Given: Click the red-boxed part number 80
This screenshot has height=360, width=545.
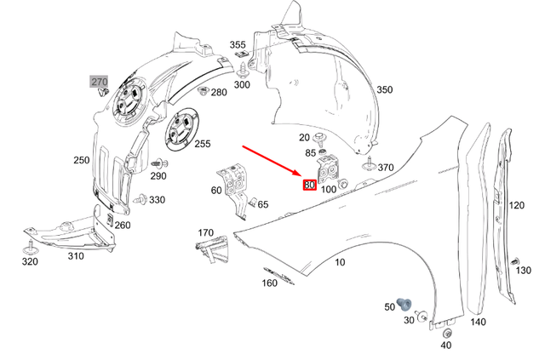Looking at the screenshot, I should click(x=309, y=184).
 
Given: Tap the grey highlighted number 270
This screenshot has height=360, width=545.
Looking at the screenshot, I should click(x=100, y=82).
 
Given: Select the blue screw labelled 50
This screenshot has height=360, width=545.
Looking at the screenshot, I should click(x=405, y=303).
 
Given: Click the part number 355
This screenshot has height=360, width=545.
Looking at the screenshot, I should click(x=238, y=45).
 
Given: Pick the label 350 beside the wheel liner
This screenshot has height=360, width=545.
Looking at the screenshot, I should click(x=385, y=90).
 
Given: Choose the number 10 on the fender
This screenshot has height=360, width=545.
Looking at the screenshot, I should click(x=340, y=262).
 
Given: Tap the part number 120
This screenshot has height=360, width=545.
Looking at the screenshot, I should click(x=517, y=206).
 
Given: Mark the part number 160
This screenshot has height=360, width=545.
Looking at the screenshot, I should click(x=270, y=283).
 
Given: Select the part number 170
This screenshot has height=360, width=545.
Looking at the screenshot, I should click(x=206, y=232).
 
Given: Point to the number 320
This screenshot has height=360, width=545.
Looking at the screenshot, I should click(x=30, y=261).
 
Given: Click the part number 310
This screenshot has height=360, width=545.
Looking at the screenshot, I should click(x=76, y=255).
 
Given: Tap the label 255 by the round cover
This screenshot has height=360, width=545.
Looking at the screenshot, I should click(x=202, y=144).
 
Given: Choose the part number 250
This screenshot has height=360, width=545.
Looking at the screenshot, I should click(x=81, y=160).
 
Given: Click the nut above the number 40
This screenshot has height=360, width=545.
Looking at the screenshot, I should click(x=447, y=333).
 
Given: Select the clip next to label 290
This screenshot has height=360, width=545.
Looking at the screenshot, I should click(x=156, y=163).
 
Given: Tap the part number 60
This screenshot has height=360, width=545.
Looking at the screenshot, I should click(x=216, y=190).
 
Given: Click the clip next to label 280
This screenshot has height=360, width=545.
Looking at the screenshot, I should click(x=204, y=89).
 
